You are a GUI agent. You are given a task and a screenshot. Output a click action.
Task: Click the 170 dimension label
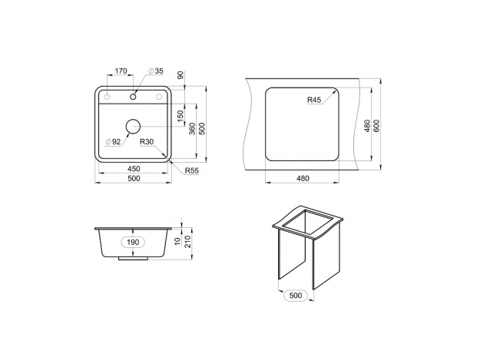[x=121, y=71]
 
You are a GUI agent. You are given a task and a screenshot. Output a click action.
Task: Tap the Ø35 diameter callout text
[x=156, y=71]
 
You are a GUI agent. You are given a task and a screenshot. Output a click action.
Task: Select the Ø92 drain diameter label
[x=113, y=141]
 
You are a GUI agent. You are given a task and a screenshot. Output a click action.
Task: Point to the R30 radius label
[x=147, y=141]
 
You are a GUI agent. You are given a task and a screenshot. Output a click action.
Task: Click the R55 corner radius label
[x=192, y=170]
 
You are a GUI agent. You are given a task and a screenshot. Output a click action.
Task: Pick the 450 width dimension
[x=134, y=169]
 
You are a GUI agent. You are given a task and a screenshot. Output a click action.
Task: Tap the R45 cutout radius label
[x=314, y=100]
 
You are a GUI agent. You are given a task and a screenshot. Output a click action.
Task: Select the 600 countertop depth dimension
[x=376, y=126]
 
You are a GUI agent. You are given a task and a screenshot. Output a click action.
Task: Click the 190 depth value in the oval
[x=133, y=243]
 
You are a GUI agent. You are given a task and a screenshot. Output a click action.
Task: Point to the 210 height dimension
[x=187, y=242]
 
